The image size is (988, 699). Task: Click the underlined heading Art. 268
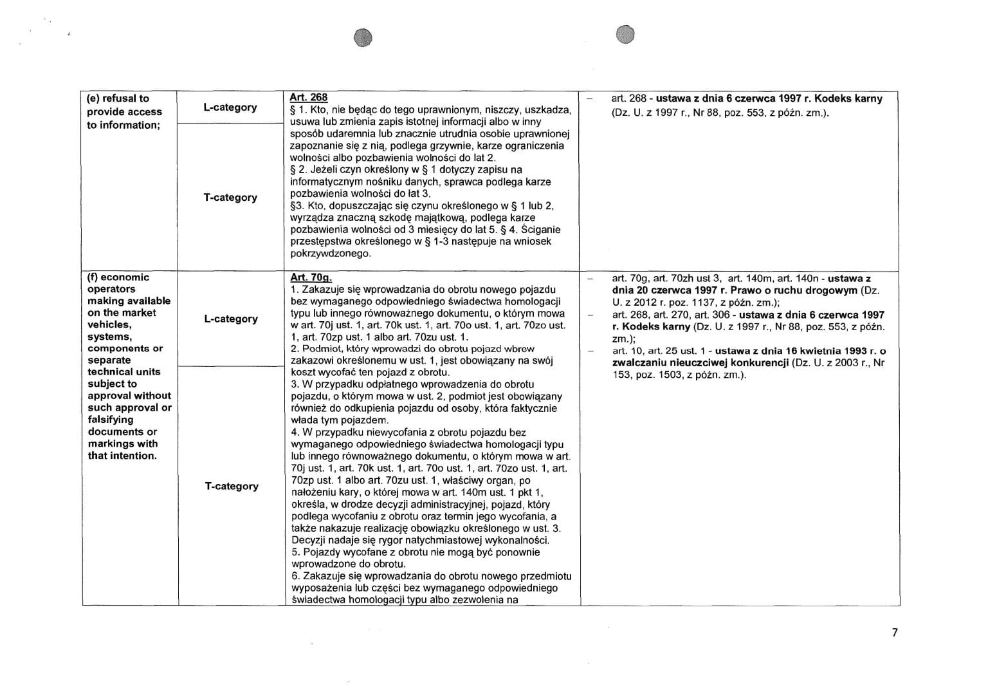point(309,97)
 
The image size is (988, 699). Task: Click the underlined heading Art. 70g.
point(311,277)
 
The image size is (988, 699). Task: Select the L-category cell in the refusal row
point(230,107)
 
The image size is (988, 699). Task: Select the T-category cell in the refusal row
point(230,198)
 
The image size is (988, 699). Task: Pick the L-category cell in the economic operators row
point(230,319)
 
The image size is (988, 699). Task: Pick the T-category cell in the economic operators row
point(232,486)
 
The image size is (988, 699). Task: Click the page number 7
point(894,632)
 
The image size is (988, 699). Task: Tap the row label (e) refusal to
point(118,98)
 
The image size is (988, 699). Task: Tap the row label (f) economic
point(118,277)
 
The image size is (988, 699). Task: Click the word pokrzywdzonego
point(331,254)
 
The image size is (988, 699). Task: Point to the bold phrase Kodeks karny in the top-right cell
point(848,98)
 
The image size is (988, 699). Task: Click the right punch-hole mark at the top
point(625,35)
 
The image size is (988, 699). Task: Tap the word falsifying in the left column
point(111,420)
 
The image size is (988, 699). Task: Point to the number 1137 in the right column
point(673,302)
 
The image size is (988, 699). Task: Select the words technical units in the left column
point(124,372)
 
